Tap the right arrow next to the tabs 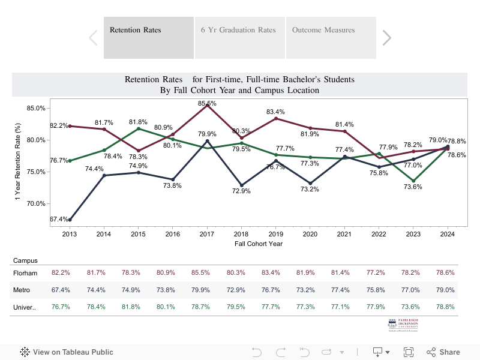coord(387,38)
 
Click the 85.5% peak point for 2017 coord(208,105)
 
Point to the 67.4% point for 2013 coord(70,220)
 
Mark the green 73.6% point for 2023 coord(413,181)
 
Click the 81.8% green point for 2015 coord(139,128)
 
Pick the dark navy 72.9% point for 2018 coord(242,185)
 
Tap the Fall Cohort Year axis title coord(259,244)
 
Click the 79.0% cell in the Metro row coord(445,290)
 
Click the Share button coord(443,352)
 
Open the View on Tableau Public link coord(67,352)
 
